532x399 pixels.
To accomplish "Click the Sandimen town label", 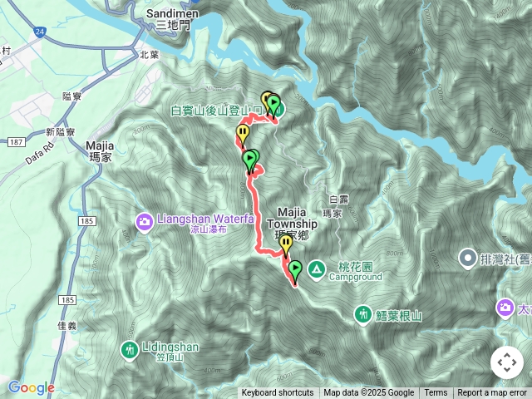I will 171,14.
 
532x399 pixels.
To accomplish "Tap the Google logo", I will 32,387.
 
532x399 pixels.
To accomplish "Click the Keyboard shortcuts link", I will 278,393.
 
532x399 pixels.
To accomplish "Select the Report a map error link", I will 492,393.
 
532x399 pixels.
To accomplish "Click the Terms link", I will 436,393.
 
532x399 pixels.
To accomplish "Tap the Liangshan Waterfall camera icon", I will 145,220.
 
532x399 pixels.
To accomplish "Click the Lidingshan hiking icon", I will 129,349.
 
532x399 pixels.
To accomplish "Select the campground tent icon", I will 317,268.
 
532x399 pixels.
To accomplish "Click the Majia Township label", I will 292,218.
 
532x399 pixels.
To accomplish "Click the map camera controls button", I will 506,362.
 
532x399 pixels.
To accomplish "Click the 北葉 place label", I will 149,55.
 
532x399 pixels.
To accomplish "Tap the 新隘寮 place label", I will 61,132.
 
